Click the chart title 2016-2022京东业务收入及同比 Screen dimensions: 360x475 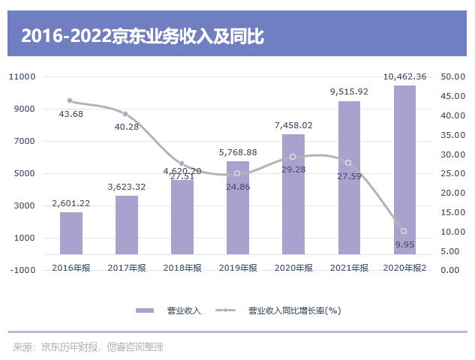pyautogui.click(x=143, y=35)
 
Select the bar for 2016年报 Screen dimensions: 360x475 pyautogui.click(x=71, y=233)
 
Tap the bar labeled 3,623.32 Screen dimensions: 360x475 pyautogui.click(x=127, y=225)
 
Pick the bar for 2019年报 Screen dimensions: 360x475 pyautogui.click(x=238, y=208)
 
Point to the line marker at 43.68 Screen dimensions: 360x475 pyautogui.click(x=70, y=100)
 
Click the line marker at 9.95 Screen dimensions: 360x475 pyautogui.click(x=404, y=231)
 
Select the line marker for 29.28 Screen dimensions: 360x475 pyautogui.click(x=293, y=157)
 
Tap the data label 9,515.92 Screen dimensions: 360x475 pyautogui.click(x=349, y=91)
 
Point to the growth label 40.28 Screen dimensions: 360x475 pyautogui.click(x=127, y=127)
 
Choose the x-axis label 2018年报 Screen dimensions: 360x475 pyautogui.click(x=182, y=268)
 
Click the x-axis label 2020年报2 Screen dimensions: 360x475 pyautogui.click(x=404, y=268)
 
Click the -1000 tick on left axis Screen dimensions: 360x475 pyautogui.click(x=23, y=271)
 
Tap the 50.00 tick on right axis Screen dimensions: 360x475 pyautogui.click(x=453, y=76)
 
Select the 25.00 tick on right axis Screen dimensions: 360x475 pyautogui.click(x=453, y=174)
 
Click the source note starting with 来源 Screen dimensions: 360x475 pyautogui.click(x=88, y=346)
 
